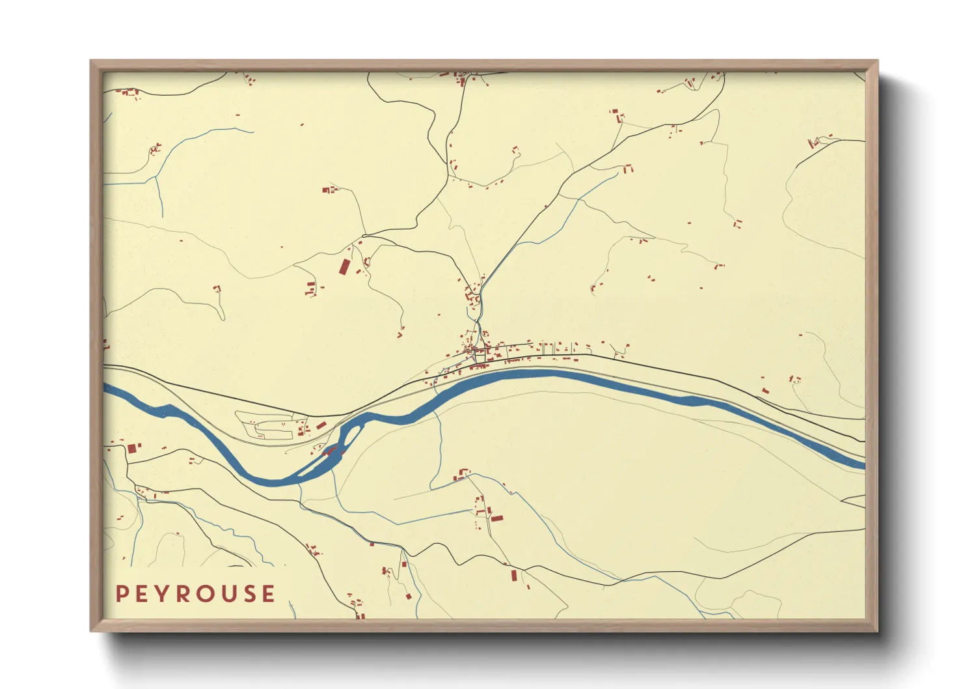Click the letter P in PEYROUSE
(122, 594)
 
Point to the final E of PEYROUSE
(267, 594)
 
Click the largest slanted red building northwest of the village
(344, 267)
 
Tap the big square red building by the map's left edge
(131, 449)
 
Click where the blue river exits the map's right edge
(863, 464)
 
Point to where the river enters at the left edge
(105, 389)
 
